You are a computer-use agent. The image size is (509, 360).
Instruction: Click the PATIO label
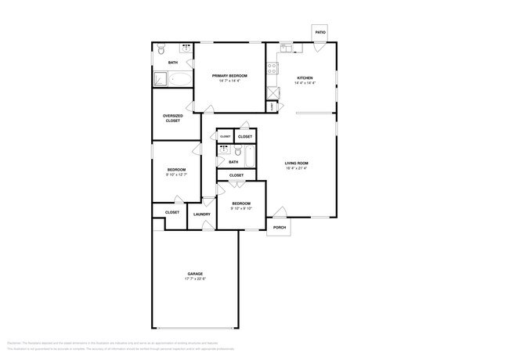tap(320, 33)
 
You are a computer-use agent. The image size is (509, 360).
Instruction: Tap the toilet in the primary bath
tap(161, 49)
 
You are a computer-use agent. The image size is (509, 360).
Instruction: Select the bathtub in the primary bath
tap(180, 78)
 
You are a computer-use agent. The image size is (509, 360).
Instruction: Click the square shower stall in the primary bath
tap(160, 78)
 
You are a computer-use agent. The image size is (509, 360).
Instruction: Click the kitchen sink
tap(286, 49)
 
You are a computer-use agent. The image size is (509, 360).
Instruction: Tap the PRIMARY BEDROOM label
tap(229, 76)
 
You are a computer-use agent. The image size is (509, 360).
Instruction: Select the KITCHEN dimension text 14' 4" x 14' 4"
tap(305, 82)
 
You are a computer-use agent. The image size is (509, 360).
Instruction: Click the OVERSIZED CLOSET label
tap(172, 118)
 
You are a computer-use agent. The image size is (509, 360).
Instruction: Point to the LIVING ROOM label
tap(296, 162)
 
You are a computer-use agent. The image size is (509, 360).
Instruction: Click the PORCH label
tap(279, 228)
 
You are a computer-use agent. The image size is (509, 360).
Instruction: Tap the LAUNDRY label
tap(201, 214)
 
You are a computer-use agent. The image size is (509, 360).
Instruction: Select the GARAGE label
tap(194, 273)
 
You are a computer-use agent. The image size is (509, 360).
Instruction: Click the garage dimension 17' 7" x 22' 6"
tap(194, 279)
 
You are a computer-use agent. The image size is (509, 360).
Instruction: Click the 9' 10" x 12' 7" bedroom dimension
tap(176, 175)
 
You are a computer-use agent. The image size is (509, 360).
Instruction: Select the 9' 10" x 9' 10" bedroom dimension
tap(240, 208)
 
